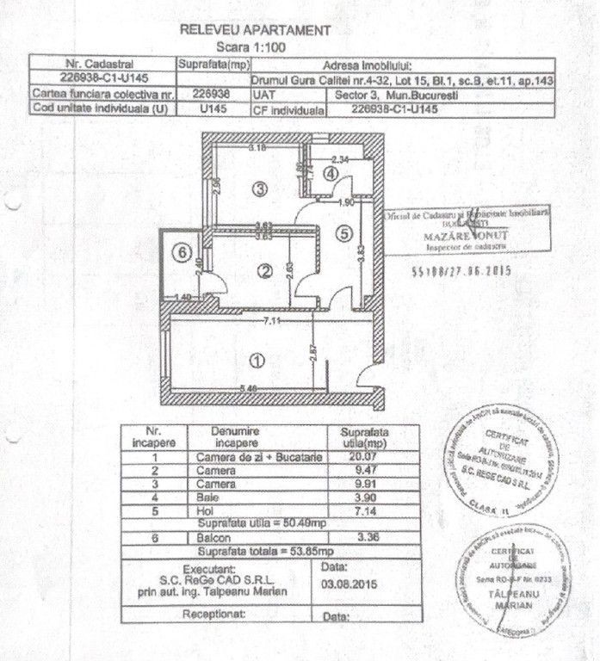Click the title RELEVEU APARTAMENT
pos(254,29)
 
